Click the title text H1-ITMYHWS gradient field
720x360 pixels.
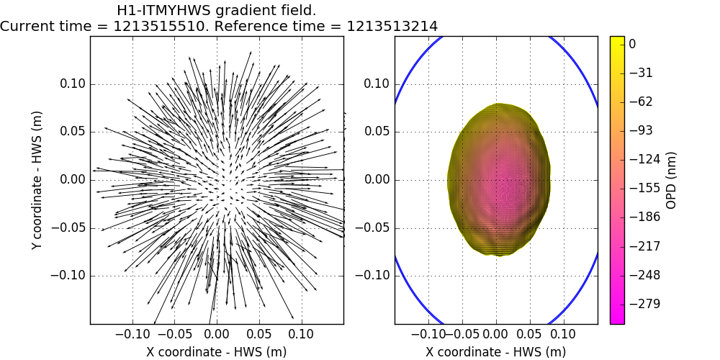click(216, 11)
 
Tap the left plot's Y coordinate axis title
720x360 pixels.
click(37, 180)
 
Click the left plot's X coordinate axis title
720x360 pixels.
click(216, 351)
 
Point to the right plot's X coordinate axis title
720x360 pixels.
click(495, 351)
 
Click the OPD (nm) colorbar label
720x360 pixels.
click(671, 180)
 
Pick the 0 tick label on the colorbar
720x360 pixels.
click(632, 44)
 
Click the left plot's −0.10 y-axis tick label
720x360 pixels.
click(71, 276)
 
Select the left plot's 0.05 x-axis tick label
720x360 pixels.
click(259, 334)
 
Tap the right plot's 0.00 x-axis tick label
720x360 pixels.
click(495, 334)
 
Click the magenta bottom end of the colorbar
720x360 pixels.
click(617, 320)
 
